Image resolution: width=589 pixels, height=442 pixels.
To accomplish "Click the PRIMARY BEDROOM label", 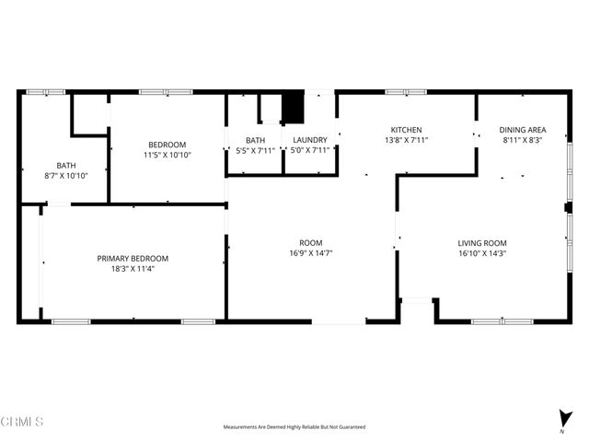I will point(133,259).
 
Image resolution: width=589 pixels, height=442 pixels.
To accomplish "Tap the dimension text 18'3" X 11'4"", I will point(133,270).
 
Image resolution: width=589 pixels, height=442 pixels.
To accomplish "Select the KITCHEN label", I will point(405,130).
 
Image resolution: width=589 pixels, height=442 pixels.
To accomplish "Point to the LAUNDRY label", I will point(310,140).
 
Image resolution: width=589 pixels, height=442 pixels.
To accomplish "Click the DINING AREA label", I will point(522,130).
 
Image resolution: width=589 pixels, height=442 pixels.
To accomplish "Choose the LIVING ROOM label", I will point(482,243).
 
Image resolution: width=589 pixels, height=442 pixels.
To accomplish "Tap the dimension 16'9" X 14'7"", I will point(310,253).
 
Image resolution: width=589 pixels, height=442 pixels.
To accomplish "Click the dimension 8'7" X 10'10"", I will point(66,175).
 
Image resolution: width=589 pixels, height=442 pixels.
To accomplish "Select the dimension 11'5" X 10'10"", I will point(167,155).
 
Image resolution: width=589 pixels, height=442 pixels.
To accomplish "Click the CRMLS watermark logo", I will point(22,422).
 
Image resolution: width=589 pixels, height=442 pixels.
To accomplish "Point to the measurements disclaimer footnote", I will point(294,427).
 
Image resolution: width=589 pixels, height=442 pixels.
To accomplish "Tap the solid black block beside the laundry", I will point(293,109).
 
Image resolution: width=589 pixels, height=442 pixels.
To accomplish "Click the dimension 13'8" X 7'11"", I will point(405,140).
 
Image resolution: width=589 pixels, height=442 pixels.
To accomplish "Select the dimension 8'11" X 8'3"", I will point(522,140).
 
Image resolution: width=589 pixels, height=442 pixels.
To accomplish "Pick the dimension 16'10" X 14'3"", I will point(482,253).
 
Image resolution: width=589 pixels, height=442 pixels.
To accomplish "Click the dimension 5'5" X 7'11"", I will point(255,150).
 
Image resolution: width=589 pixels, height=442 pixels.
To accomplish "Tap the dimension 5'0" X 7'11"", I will point(310,150).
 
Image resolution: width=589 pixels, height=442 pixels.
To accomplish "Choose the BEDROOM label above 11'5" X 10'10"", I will point(167,145).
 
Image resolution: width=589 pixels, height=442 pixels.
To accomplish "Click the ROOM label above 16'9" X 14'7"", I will point(310,243).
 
